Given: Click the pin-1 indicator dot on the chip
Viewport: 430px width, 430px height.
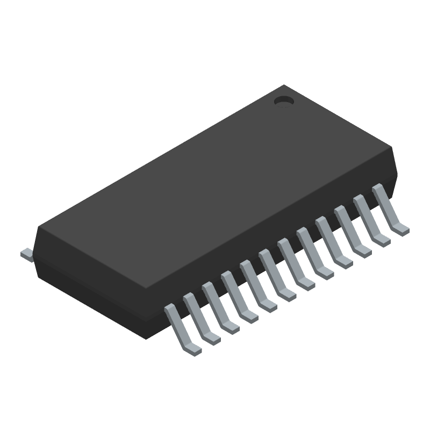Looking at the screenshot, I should click(x=283, y=101).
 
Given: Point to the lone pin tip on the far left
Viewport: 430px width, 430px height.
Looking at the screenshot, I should click(x=25, y=254).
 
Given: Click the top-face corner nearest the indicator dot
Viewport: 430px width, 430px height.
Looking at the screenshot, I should click(x=284, y=86).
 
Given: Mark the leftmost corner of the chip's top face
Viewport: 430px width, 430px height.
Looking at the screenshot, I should click(x=39, y=228).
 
